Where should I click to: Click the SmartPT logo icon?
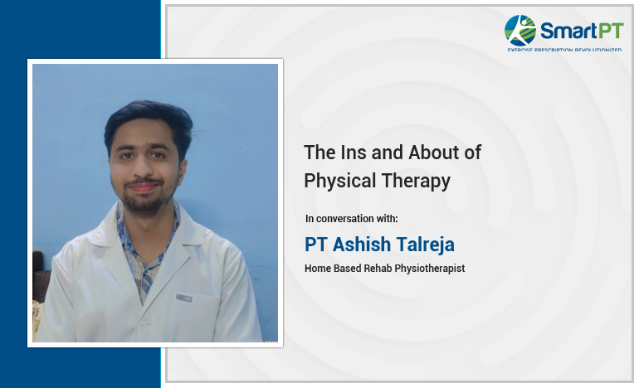[521, 30]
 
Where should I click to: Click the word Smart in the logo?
[565, 32]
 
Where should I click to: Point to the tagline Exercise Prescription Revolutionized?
[564, 51]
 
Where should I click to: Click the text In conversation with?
[351, 219]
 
